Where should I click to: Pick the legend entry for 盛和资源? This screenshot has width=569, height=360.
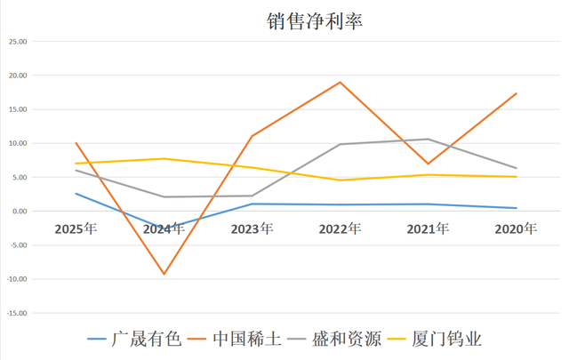click(x=348, y=339)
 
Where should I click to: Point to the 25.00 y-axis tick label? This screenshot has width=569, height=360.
click(x=17, y=42)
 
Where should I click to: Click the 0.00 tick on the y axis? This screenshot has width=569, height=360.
click(x=19, y=212)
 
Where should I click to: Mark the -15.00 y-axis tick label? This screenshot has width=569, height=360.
click(x=17, y=313)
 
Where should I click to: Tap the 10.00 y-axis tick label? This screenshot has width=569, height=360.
click(x=17, y=143)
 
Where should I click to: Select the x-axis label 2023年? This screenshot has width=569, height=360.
click(x=252, y=229)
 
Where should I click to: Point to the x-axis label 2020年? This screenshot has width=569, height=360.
click(x=517, y=229)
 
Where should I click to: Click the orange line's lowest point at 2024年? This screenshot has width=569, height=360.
click(x=164, y=274)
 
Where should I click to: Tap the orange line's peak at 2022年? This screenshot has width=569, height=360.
click(x=341, y=83)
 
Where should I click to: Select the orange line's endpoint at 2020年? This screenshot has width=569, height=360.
click(x=517, y=93)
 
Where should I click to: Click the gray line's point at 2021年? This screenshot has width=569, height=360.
click(x=429, y=139)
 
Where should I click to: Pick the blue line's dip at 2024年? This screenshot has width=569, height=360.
click(x=164, y=228)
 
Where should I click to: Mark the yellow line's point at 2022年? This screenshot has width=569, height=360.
click(x=341, y=180)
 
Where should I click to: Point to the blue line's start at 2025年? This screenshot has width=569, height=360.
click(x=76, y=194)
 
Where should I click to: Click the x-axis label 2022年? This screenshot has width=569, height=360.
click(x=341, y=229)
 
